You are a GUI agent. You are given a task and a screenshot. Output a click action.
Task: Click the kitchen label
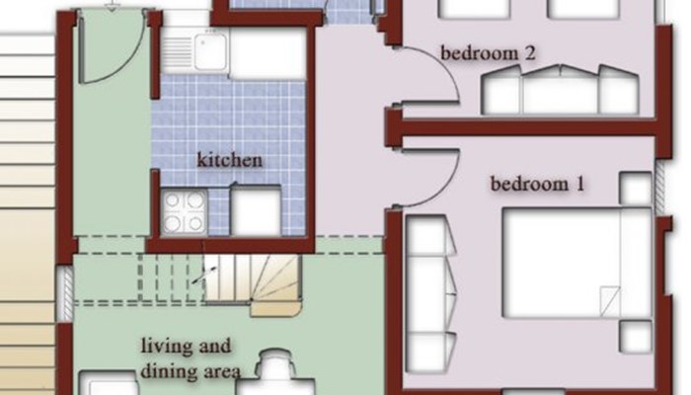[230, 160]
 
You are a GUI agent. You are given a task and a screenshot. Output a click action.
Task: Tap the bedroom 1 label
[537, 184]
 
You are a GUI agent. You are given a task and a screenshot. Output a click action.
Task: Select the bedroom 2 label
[488, 53]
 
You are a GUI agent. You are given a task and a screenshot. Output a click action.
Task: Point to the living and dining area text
[190, 358]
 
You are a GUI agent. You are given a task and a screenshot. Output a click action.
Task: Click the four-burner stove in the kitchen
[185, 212]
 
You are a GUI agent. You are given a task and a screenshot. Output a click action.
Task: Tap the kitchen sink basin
[211, 52]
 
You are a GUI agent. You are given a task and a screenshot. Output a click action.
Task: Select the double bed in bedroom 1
[576, 263]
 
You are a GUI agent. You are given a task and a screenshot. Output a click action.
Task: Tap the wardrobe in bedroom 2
[560, 90]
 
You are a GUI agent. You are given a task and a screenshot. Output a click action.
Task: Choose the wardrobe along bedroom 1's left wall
[430, 292]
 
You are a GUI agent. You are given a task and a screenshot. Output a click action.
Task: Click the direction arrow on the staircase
[204, 275]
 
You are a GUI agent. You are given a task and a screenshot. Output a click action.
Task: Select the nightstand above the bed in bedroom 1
[636, 189]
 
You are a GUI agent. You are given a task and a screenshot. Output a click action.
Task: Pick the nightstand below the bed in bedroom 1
[636, 337]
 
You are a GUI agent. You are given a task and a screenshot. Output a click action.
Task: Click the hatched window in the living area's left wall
[66, 292]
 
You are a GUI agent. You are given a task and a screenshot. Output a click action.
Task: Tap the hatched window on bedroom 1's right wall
[659, 188]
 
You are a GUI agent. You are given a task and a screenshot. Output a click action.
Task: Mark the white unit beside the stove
[256, 210]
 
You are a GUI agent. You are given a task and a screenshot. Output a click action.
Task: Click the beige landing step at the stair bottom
[275, 308]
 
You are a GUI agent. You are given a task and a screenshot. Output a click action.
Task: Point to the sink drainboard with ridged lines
[178, 52]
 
